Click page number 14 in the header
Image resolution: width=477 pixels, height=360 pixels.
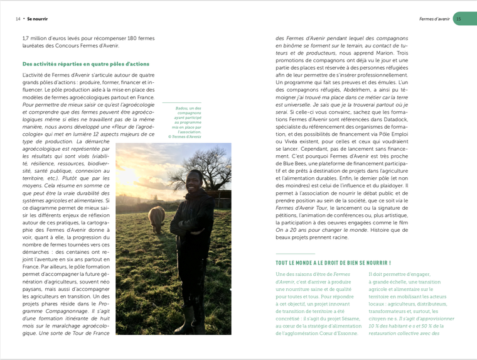(18, 19)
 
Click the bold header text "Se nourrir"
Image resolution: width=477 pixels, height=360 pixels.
(38, 19)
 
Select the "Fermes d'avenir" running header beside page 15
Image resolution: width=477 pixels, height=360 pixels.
(434, 19)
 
